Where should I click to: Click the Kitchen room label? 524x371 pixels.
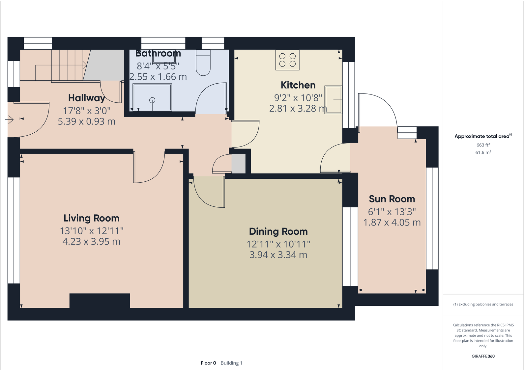tap(298, 85)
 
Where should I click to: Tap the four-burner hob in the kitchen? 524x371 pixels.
tap(287, 60)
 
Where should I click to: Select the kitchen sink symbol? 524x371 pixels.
tap(333, 100)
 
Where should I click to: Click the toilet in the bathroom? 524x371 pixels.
tap(203, 63)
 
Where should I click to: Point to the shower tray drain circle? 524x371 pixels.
tap(152, 100)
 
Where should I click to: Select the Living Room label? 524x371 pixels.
tap(91, 218)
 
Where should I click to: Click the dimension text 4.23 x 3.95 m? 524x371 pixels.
tap(91, 242)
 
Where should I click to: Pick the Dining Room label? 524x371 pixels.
tap(278, 231)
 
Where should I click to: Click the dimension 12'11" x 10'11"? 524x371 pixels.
tap(278, 244)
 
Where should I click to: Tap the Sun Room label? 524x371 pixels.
tap(392, 199)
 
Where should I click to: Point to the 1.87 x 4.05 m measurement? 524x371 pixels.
tap(392, 223)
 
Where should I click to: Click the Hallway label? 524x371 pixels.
tap(86, 98)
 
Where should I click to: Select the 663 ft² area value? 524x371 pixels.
tap(483, 145)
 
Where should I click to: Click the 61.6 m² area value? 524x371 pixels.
tap(483, 152)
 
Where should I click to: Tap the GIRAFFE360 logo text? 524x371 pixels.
tap(483, 356)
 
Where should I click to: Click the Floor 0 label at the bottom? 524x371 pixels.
tap(208, 363)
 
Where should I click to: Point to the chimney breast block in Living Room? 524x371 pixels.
tap(100, 301)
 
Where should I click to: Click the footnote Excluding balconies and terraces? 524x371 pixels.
tap(483, 305)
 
